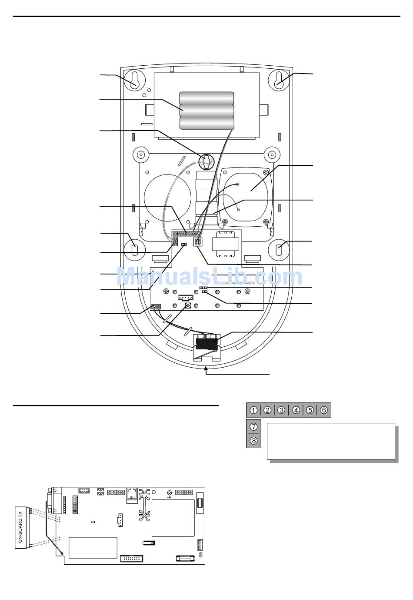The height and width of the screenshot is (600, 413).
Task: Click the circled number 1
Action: pyautogui.click(x=253, y=410)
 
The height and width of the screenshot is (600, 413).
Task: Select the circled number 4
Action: pyautogui.click(x=296, y=410)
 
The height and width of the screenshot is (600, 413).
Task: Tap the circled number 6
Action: pyautogui.click(x=324, y=410)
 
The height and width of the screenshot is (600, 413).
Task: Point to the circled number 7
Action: pyautogui.click(x=254, y=427)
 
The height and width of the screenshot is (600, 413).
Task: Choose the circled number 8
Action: pyautogui.click(x=254, y=441)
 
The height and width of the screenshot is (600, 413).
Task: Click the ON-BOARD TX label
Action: pyautogui.click(x=21, y=527)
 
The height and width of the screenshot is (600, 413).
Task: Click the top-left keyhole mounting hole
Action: pyautogui.click(x=134, y=80)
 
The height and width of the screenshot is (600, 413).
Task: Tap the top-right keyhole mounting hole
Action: pyautogui.click(x=279, y=80)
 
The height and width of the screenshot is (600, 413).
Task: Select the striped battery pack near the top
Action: pyautogui.click(x=207, y=111)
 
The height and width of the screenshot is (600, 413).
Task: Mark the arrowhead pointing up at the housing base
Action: pyautogui.click(x=206, y=369)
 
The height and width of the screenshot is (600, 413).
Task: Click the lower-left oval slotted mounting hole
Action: pyautogui.click(x=134, y=249)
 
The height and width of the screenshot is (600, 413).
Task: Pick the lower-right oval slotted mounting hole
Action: pyautogui.click(x=280, y=249)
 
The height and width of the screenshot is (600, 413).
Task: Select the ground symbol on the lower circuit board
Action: pyautogui.click(x=169, y=494)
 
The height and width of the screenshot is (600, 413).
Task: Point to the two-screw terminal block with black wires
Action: pyautogui.click(x=157, y=307)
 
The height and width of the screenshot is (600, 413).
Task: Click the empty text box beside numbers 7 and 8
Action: pyautogui.click(x=330, y=441)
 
